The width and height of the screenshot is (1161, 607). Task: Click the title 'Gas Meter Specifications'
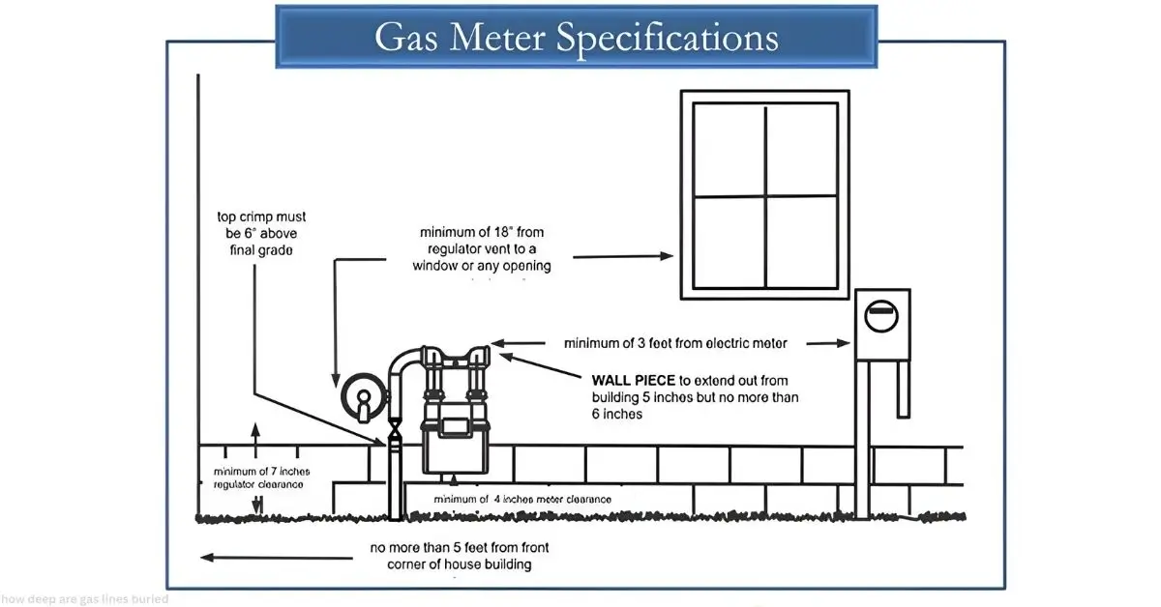click(576, 37)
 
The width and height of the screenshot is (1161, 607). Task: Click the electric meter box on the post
click(881, 323)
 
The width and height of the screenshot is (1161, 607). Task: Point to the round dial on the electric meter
click(881, 311)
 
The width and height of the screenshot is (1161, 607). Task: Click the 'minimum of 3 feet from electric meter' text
click(675, 342)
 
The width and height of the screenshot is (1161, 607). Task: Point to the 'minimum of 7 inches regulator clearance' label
click(257, 477)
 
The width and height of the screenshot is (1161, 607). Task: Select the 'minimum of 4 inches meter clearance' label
click(522, 499)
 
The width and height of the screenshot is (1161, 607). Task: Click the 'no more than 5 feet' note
click(450, 556)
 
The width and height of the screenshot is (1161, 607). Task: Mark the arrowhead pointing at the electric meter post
click(844, 342)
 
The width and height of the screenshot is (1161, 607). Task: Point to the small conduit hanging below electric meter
click(903, 388)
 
